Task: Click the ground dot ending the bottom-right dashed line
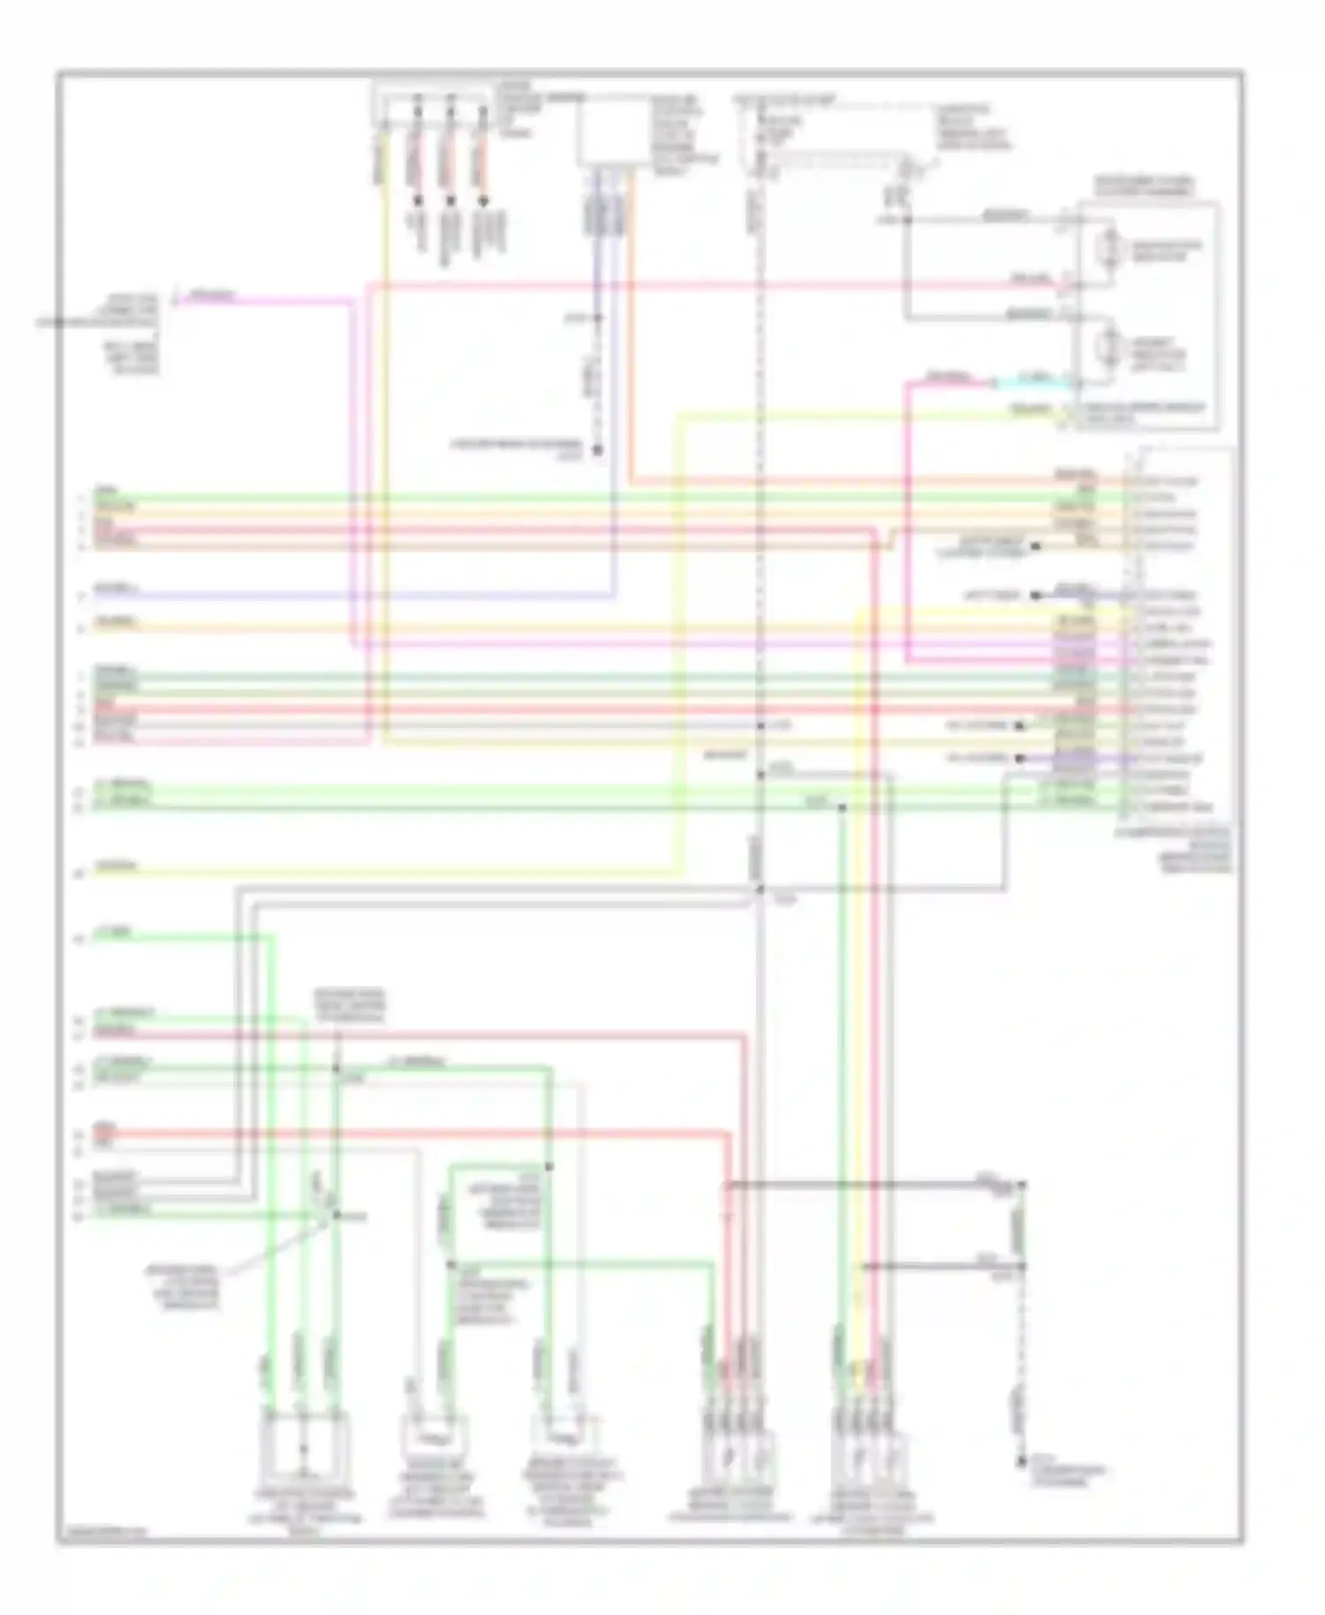point(1022,1462)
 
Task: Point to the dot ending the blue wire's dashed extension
point(597,450)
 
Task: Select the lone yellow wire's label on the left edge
point(116,867)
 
